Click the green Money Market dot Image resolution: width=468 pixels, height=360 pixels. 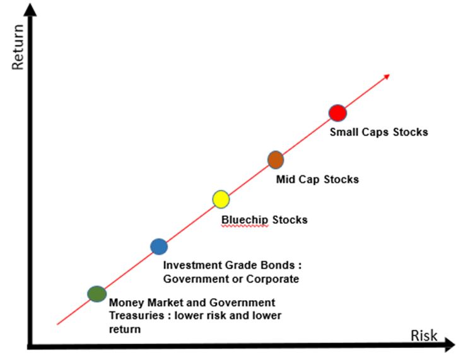97,294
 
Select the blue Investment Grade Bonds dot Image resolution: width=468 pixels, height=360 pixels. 159,247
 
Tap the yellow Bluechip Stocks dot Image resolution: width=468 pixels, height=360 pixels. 221,199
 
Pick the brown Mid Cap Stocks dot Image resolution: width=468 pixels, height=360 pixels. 276,160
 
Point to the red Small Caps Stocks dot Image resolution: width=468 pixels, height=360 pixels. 337,113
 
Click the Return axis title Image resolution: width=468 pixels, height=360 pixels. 18,47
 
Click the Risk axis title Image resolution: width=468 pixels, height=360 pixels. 424,336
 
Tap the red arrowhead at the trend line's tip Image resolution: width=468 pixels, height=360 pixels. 387,77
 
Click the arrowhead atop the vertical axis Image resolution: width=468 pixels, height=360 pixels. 30,9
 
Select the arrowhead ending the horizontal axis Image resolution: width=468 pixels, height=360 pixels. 449,345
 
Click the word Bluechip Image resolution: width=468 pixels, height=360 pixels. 245,220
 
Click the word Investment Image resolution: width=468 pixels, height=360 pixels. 192,265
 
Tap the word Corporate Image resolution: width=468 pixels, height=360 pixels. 272,279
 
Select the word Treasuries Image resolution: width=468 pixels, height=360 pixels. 136,316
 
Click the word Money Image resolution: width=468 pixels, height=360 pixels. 127,303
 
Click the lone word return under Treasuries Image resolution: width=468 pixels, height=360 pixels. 125,330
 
